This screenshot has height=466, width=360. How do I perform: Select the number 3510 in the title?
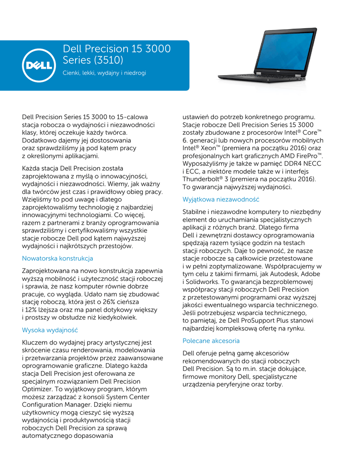click(108, 60)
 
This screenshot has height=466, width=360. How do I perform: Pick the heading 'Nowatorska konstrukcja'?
click(57, 258)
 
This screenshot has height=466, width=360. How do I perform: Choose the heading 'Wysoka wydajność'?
click(50, 330)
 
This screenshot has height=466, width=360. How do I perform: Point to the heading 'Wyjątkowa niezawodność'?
click(221, 199)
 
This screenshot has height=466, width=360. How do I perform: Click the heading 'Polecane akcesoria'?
click(211, 340)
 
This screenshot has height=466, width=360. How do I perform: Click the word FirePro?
click(306, 156)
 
